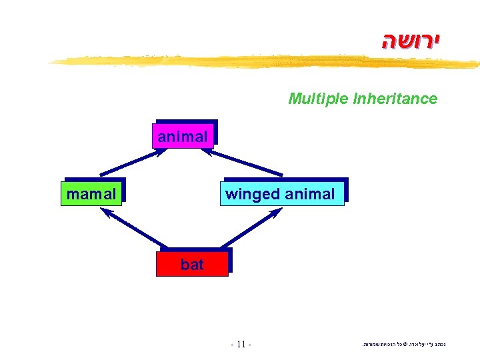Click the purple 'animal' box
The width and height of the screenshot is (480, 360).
[183, 136]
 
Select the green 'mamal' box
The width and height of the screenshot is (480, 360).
[91, 194]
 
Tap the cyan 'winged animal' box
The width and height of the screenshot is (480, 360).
[281, 194]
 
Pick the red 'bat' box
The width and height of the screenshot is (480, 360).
[192, 264]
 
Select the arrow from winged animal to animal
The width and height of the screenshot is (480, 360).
[243, 162]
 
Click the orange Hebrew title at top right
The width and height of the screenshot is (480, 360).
[411, 41]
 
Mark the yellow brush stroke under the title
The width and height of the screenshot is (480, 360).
[267, 62]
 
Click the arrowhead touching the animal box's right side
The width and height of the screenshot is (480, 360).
[207, 151]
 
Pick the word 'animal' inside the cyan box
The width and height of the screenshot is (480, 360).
[310, 194]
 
